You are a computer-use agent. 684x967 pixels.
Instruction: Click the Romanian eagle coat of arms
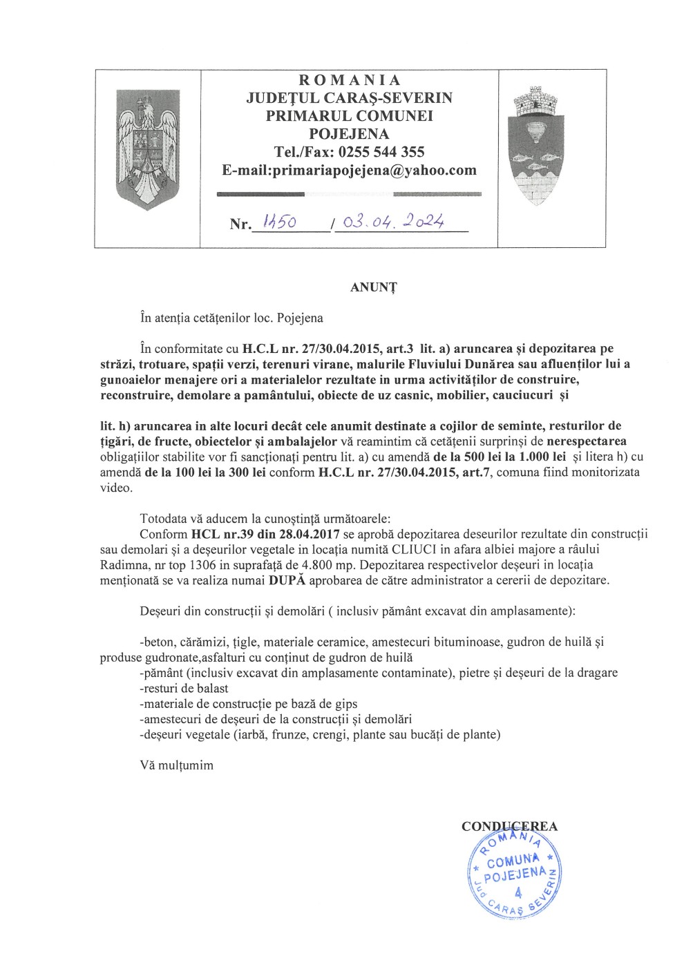147,149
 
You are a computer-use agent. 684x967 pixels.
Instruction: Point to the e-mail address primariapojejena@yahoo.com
374,170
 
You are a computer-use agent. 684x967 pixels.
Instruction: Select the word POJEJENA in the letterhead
349,134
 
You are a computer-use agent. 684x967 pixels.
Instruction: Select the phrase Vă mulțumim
176,765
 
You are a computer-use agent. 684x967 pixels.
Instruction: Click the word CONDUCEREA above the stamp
509,826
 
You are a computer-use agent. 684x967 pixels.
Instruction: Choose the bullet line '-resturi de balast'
184,688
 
